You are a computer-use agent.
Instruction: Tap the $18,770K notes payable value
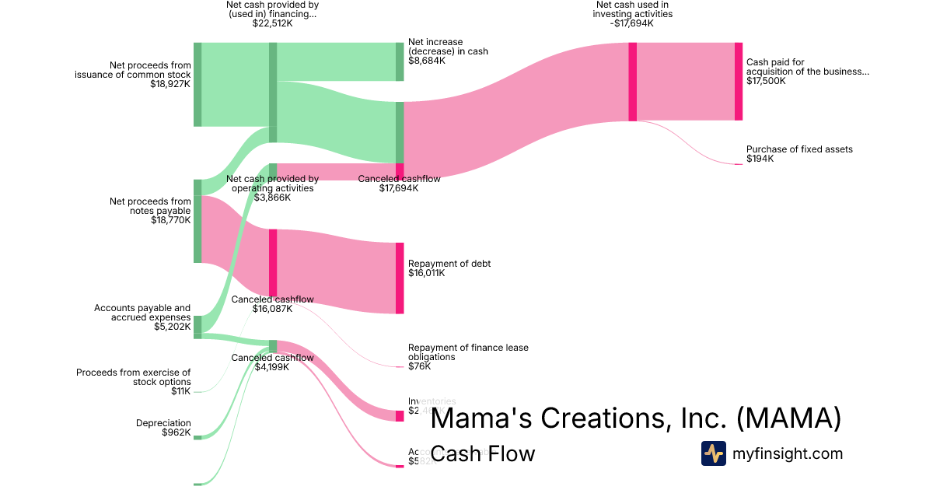coord(171,220)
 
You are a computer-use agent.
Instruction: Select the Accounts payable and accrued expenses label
coord(142,313)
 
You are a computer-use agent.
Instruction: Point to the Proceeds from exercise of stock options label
coord(133,377)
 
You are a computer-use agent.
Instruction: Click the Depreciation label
coord(163,422)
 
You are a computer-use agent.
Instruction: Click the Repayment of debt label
coord(449,264)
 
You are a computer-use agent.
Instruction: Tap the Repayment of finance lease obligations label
coord(468,352)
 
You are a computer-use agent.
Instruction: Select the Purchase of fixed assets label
coord(799,149)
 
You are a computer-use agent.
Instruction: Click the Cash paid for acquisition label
coord(807,67)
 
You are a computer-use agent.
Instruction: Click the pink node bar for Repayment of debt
coord(400,278)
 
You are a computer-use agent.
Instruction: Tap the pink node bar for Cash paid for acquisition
coord(739,82)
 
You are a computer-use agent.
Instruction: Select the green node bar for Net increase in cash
coord(400,61)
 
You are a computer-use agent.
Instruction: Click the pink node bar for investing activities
coord(633,82)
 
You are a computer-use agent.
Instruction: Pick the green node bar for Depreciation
coord(197,437)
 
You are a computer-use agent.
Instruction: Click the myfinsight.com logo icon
coord(713,453)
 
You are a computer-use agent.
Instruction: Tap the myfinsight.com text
coord(788,453)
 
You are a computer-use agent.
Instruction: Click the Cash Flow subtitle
coord(483,453)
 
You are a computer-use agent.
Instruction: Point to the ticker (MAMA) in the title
coord(788,418)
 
